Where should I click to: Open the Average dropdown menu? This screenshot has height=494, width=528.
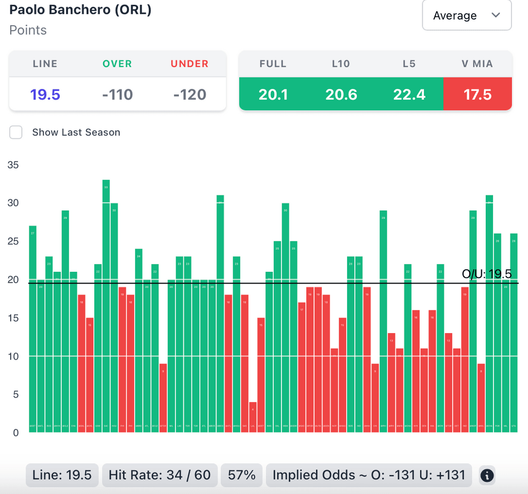(x=467, y=15)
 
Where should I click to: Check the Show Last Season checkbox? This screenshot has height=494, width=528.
(x=16, y=132)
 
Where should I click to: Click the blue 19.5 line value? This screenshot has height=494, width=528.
(x=45, y=94)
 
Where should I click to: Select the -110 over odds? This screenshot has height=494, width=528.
(x=118, y=94)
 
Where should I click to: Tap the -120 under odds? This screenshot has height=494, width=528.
(x=190, y=94)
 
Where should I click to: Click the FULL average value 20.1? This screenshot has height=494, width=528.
(x=273, y=94)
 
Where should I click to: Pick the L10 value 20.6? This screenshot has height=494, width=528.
(x=341, y=94)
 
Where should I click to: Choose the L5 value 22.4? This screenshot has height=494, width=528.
(x=409, y=94)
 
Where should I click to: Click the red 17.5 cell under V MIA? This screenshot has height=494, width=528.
(x=477, y=94)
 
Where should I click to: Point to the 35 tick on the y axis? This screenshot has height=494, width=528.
(x=13, y=165)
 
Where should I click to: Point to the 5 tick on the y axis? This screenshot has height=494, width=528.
(x=15, y=394)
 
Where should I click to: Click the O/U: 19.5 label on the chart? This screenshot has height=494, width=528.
(x=487, y=274)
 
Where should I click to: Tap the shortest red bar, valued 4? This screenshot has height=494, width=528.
(x=253, y=417)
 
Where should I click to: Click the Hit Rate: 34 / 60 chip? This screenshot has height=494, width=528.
(x=160, y=475)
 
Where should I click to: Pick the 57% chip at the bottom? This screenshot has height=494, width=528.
(x=242, y=475)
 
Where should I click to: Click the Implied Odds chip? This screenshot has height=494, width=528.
(x=369, y=475)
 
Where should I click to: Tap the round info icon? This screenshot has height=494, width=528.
(x=487, y=475)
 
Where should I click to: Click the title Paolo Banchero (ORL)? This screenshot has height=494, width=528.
(x=80, y=10)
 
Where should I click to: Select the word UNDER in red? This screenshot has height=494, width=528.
(x=190, y=64)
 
